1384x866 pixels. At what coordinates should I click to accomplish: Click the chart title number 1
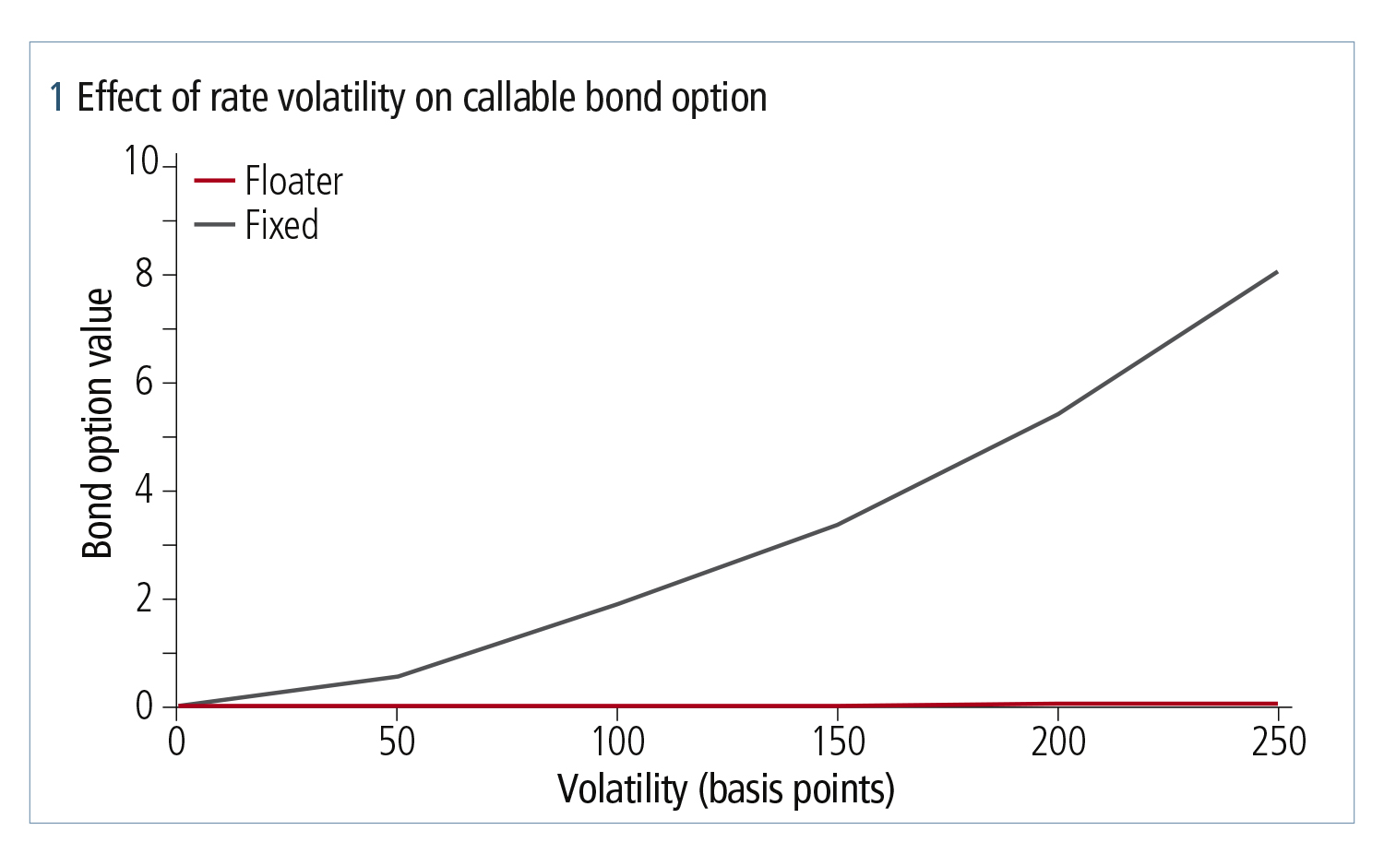click(x=57, y=98)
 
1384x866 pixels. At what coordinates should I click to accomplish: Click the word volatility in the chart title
click(x=338, y=99)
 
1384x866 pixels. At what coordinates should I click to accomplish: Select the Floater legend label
click(x=293, y=181)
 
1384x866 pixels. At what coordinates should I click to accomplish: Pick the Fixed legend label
click(x=281, y=224)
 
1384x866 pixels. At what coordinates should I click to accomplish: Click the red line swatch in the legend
click(x=214, y=181)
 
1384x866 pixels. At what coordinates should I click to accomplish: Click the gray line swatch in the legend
click(x=214, y=224)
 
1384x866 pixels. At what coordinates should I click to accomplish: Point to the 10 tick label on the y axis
click(x=141, y=161)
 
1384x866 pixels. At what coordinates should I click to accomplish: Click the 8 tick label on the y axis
click(x=145, y=274)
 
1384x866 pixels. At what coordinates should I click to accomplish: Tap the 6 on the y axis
click(x=145, y=383)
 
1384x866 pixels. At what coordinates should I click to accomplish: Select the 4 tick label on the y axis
click(x=145, y=491)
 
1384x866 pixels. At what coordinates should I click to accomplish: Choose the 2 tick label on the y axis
click(x=145, y=599)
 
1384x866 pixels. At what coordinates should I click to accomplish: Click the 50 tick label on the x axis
click(x=397, y=741)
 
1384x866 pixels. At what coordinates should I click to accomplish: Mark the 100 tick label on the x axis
click(x=618, y=741)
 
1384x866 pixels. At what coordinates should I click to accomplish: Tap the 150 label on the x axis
click(x=838, y=741)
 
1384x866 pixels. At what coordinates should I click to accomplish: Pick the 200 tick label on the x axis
click(x=1057, y=741)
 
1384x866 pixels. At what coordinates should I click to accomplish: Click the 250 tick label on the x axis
click(x=1278, y=741)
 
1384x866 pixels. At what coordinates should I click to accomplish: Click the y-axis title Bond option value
click(x=98, y=423)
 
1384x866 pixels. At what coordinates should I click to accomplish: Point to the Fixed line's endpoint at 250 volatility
click(x=1277, y=272)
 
